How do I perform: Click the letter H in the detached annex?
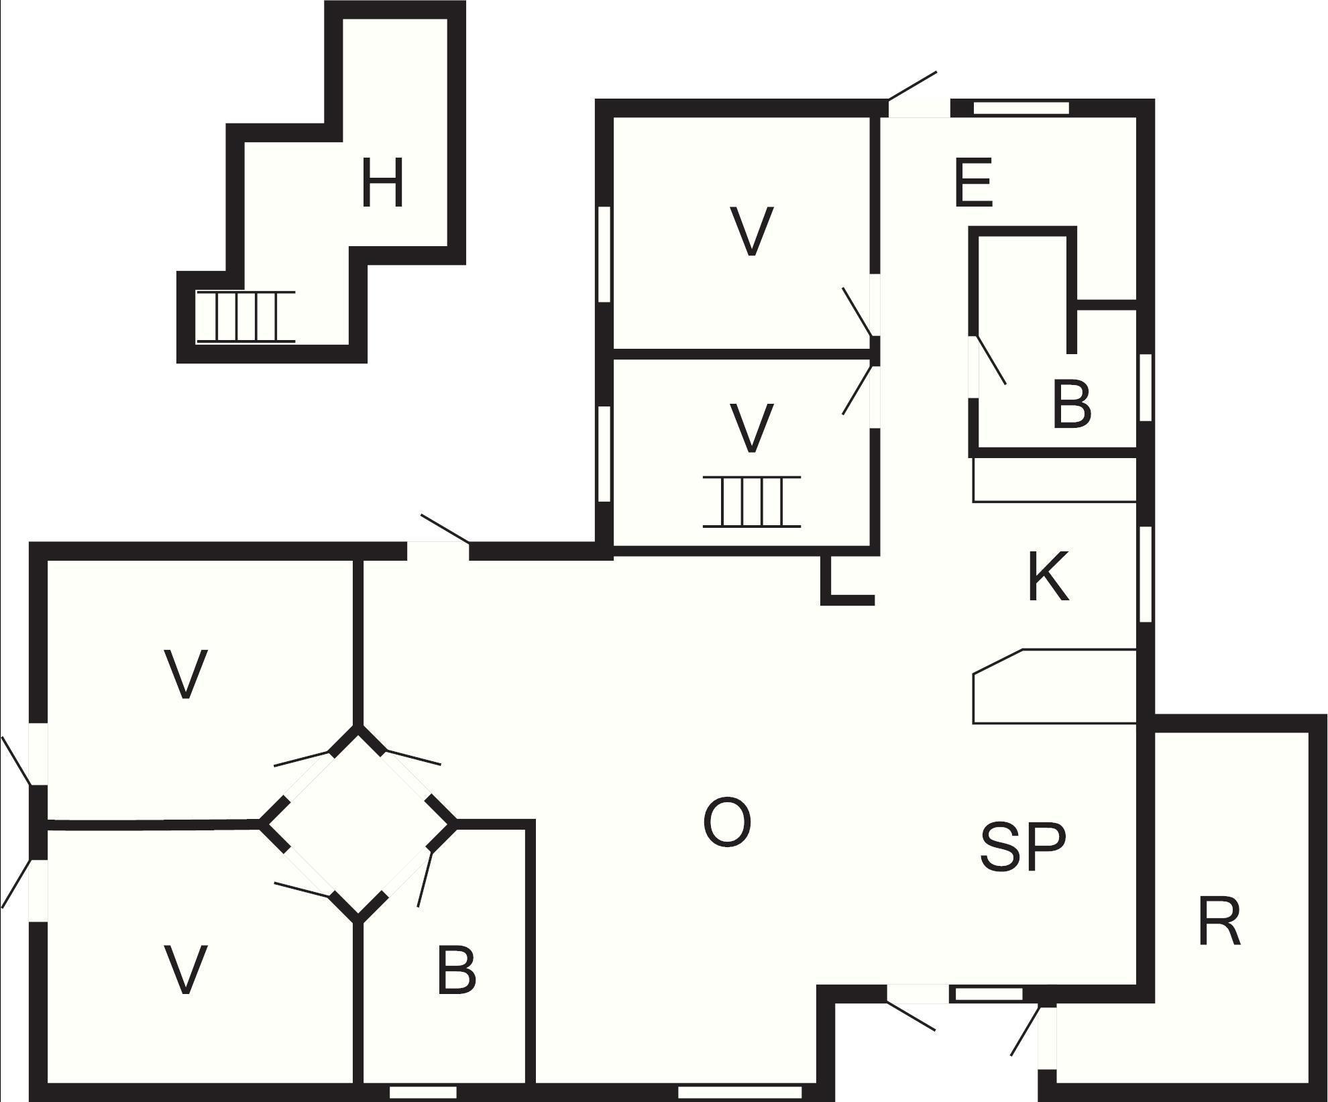(x=382, y=182)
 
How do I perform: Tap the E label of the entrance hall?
(x=973, y=182)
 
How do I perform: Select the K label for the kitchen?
(x=1048, y=576)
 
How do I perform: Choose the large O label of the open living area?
(x=726, y=822)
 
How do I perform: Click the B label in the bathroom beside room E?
(x=1071, y=404)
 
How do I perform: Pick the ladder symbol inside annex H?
(x=245, y=317)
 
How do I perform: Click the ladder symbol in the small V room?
(x=752, y=502)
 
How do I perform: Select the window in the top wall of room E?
(x=1021, y=107)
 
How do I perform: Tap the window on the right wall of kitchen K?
(x=1146, y=574)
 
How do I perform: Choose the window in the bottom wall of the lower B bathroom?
(x=423, y=1093)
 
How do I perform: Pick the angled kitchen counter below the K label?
(x=1054, y=686)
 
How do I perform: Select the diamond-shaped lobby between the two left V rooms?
(x=358, y=824)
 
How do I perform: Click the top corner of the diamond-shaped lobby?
(x=358, y=726)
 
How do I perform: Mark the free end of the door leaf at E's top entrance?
(x=936, y=71)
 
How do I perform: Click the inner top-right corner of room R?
(x=1309, y=732)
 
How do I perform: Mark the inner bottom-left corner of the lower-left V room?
(x=48, y=1083)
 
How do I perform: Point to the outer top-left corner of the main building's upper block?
(x=596, y=99)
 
